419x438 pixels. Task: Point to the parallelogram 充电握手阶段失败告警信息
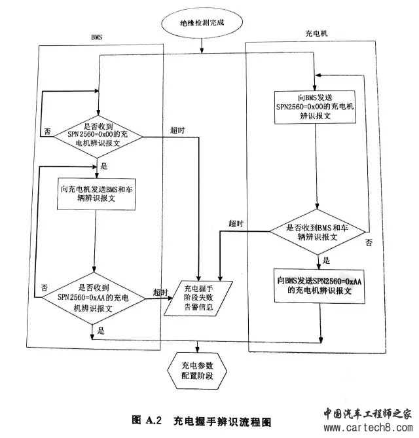pyautogui.click(x=198, y=298)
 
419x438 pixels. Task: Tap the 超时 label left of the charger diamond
pyautogui.click(x=236, y=223)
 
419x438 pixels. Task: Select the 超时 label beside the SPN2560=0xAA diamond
pyautogui.click(x=160, y=291)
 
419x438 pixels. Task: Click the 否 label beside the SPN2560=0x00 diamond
pyautogui.click(x=47, y=132)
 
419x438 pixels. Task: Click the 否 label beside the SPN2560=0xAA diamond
pyautogui.click(x=45, y=287)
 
